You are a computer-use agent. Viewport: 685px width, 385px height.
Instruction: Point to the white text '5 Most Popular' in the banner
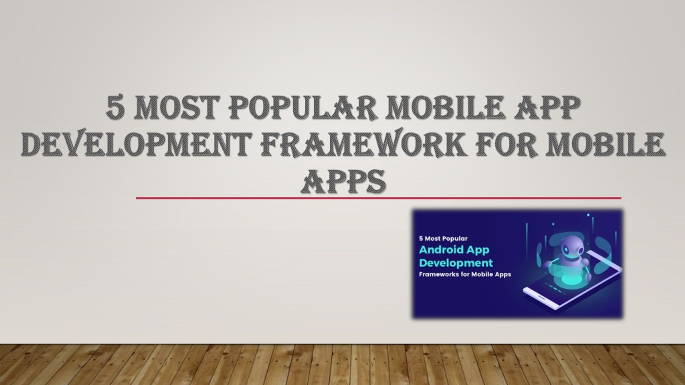click(x=443, y=238)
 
